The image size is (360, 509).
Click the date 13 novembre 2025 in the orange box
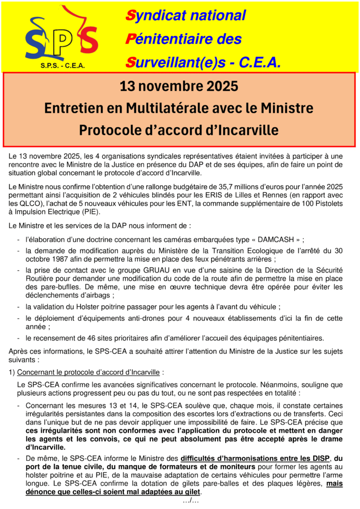tap(179, 86)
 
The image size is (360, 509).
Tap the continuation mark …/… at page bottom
tap(191, 501)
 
